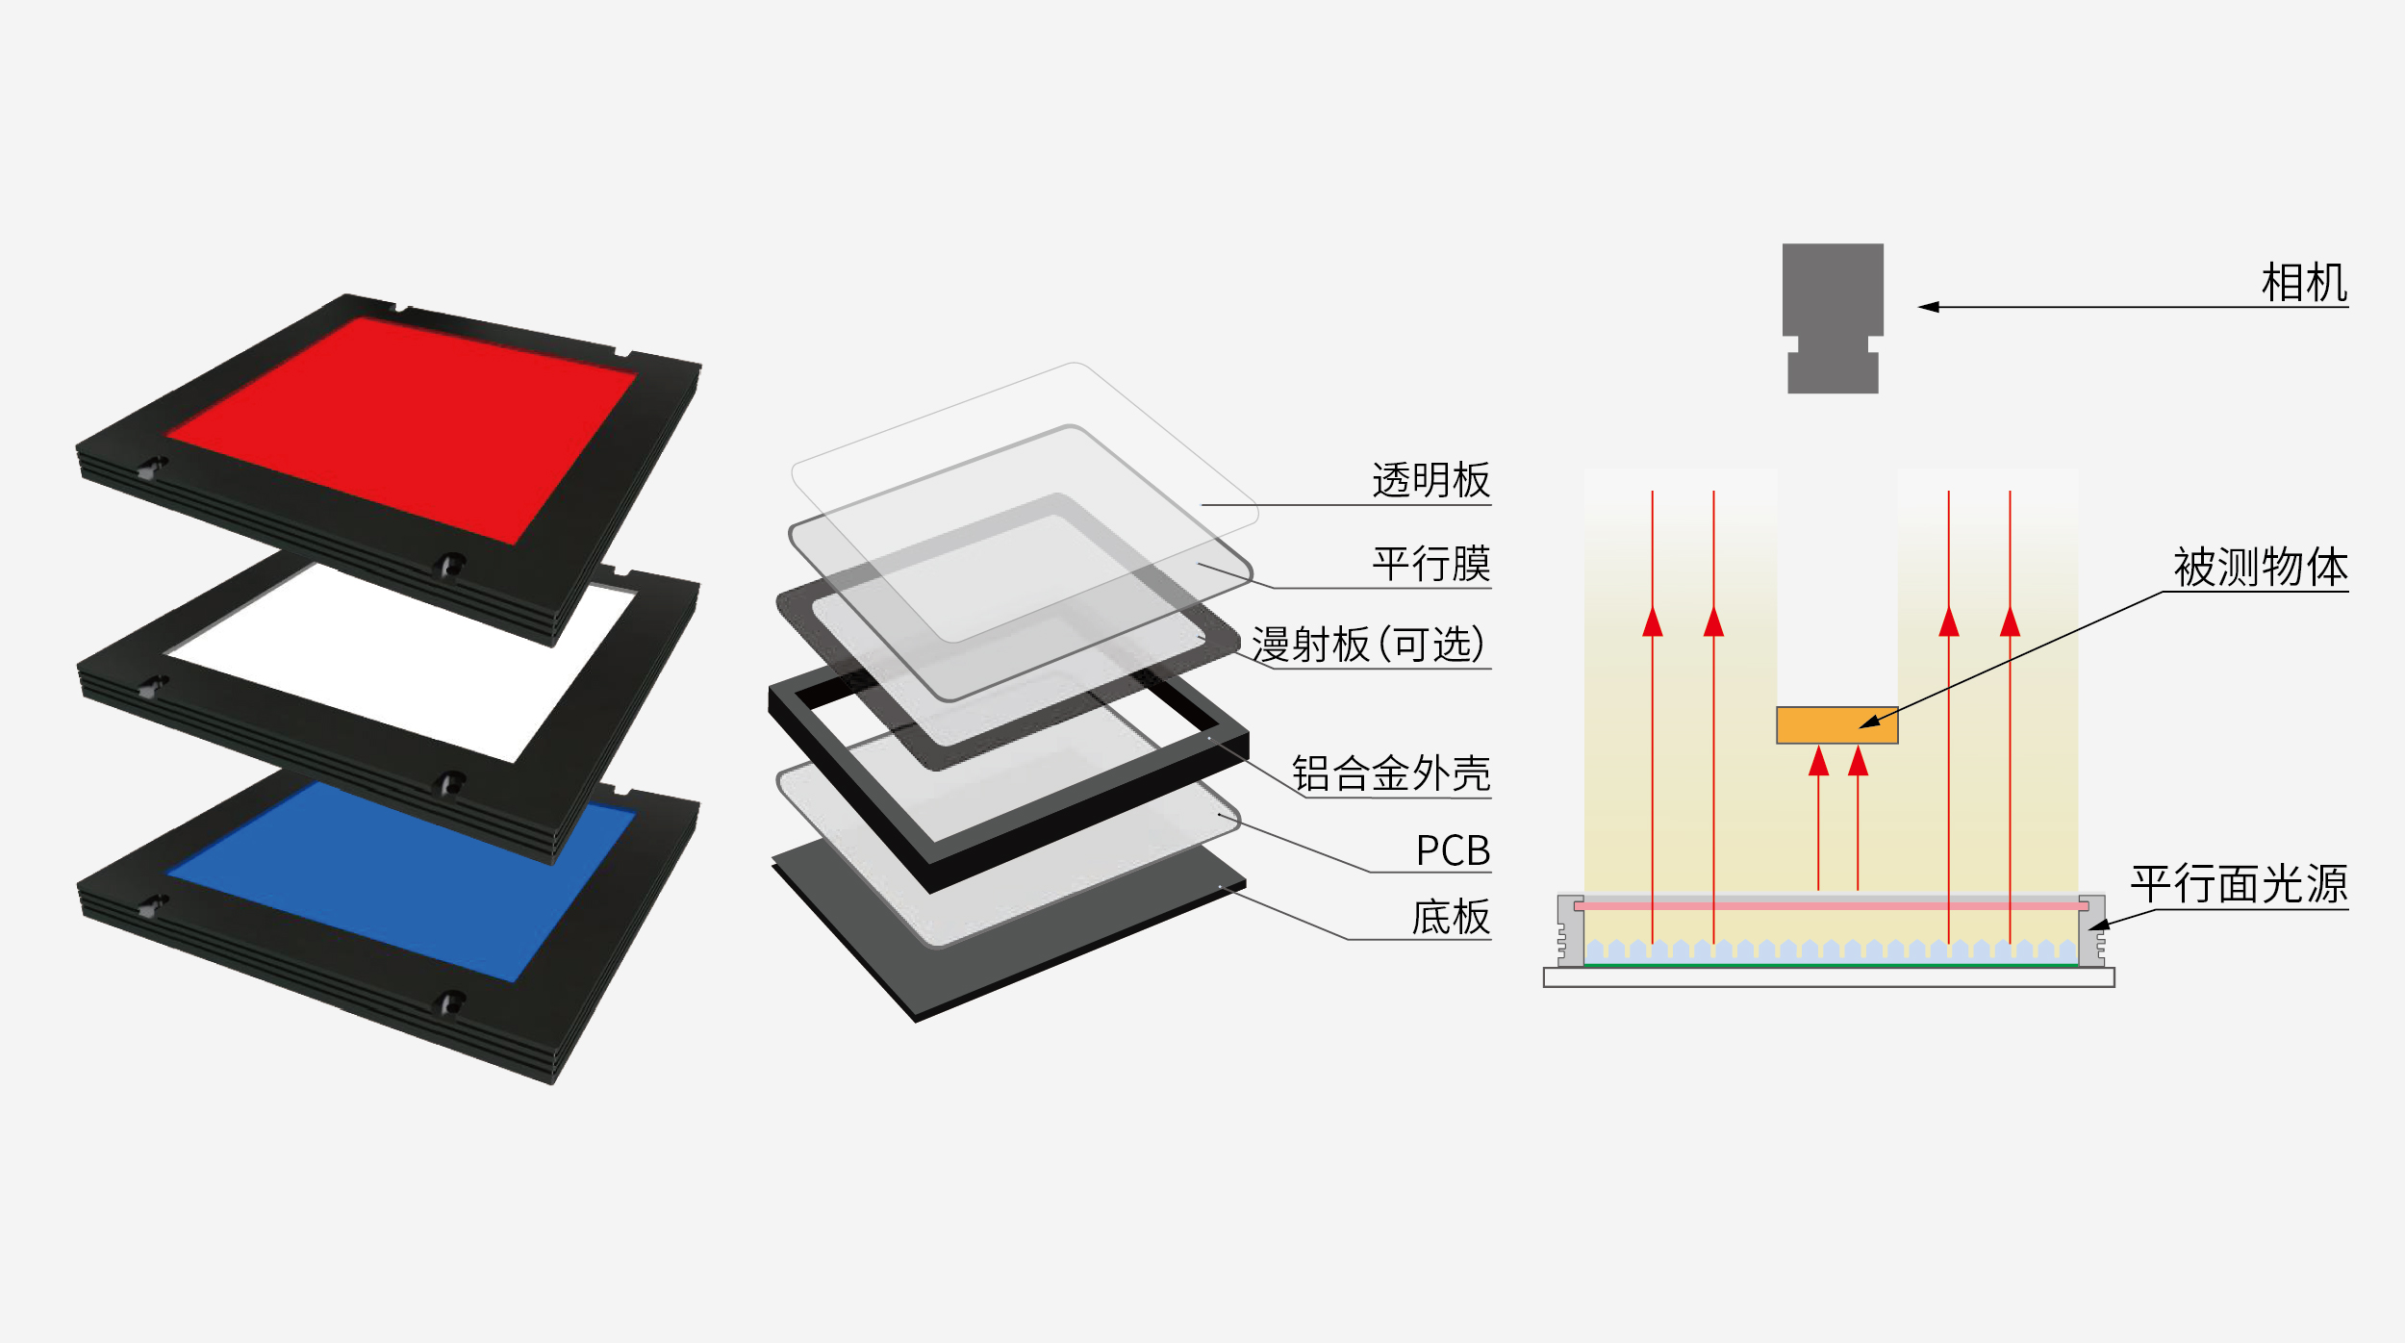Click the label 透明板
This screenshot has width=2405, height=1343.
(1430, 481)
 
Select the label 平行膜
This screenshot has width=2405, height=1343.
(1430, 564)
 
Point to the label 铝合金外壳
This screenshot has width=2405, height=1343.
(1390, 773)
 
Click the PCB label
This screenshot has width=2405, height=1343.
(1453, 851)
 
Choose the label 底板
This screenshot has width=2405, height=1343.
(1451, 918)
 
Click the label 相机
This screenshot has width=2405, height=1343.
(2304, 284)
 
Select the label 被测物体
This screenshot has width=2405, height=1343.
(2261, 568)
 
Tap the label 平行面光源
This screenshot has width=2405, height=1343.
(2240, 884)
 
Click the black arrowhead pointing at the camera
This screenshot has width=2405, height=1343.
(1929, 307)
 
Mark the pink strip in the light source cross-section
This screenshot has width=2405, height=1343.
(1828, 906)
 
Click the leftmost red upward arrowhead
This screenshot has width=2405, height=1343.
(1653, 622)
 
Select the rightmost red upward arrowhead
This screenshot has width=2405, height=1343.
(2010, 622)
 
